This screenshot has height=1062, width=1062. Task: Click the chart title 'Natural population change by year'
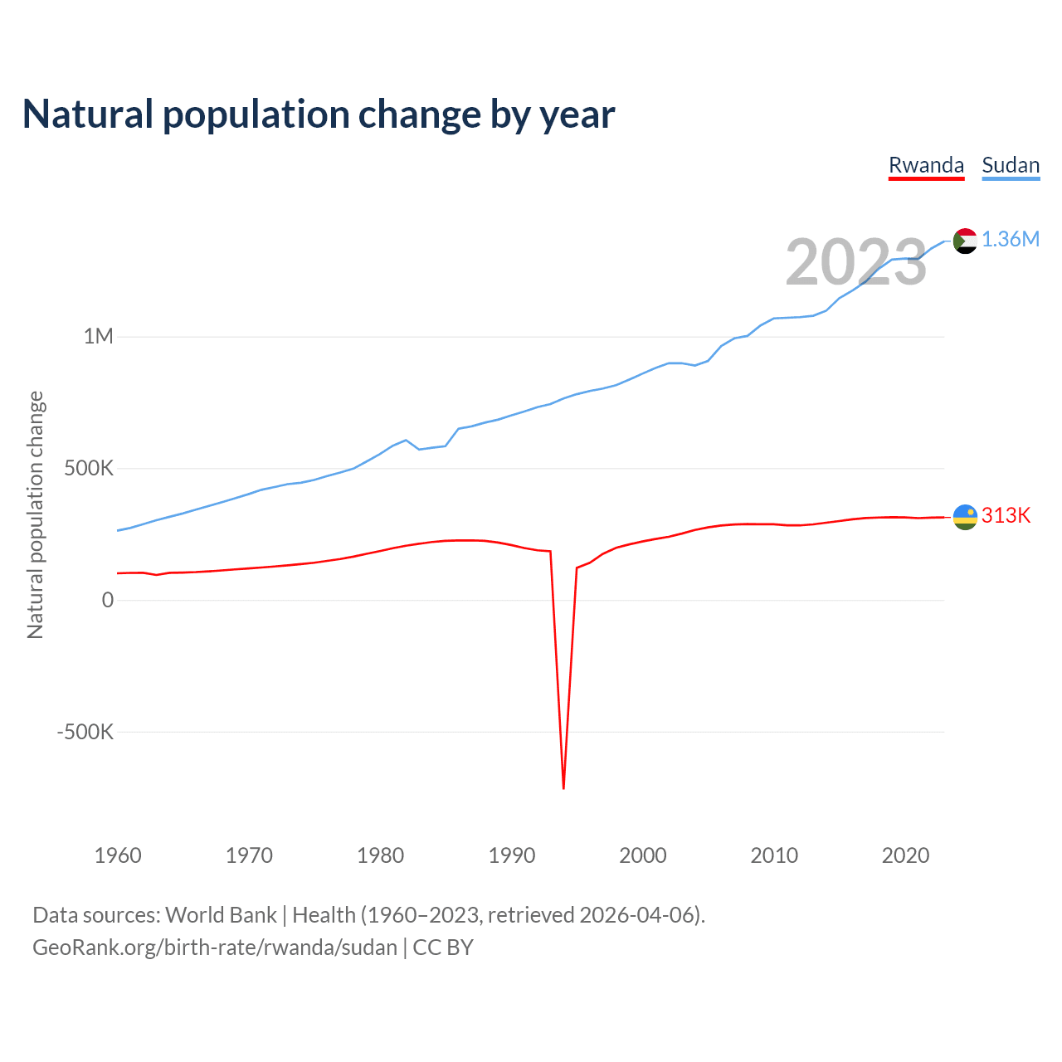[x=319, y=114]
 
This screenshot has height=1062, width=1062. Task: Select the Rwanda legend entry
[x=926, y=165]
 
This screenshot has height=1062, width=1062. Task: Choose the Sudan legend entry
[x=1011, y=165]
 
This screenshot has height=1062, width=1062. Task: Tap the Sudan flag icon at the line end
[x=965, y=241]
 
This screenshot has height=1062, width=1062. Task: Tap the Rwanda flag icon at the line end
[x=965, y=517]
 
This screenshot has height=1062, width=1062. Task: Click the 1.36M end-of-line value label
[x=1011, y=240]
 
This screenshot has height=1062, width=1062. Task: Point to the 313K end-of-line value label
[x=1006, y=516]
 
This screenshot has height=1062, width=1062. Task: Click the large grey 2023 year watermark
[x=855, y=262]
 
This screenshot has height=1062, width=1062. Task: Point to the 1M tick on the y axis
[x=98, y=337]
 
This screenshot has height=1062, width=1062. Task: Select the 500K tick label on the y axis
[x=89, y=469]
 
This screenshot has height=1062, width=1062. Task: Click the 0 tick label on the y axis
[x=107, y=600]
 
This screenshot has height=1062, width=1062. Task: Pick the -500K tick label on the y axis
[x=85, y=732]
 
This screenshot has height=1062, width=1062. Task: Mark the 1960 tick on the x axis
[x=118, y=855]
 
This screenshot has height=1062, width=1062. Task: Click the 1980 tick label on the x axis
[x=381, y=855]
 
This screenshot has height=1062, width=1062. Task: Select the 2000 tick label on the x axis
[x=643, y=855]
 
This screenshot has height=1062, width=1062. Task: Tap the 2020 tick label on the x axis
[x=905, y=855]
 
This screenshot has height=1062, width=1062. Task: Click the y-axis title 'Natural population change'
[x=36, y=515]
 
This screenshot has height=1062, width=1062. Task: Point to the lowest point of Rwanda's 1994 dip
[x=563, y=787]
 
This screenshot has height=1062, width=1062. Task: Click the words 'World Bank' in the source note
[x=221, y=915]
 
